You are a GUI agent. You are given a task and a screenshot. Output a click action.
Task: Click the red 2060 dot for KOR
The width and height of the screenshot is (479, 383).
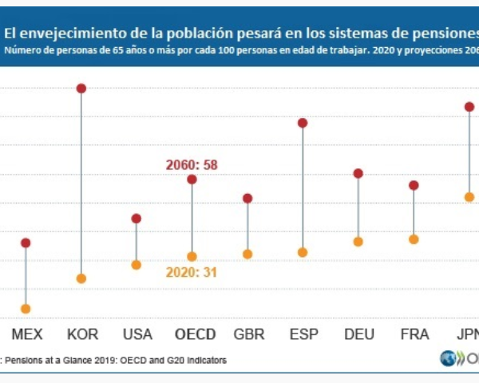click(81, 89)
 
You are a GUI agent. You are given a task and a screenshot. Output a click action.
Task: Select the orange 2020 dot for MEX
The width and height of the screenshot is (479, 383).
click(26, 309)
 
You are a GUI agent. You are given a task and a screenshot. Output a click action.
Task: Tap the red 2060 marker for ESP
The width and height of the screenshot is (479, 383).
click(303, 123)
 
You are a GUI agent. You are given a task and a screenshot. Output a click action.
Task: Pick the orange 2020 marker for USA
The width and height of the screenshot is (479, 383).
click(137, 265)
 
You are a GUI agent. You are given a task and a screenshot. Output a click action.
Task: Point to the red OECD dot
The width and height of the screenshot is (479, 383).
click(192, 180)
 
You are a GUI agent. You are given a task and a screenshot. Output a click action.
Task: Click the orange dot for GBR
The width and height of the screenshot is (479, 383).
click(247, 255)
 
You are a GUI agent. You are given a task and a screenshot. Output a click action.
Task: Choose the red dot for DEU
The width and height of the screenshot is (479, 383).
click(358, 173)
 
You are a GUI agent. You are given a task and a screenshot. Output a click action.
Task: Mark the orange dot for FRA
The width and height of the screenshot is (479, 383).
click(414, 239)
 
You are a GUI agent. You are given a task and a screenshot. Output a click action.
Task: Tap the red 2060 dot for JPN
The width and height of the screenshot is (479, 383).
click(469, 107)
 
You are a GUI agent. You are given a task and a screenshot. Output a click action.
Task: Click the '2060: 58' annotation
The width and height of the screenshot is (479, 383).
click(192, 164)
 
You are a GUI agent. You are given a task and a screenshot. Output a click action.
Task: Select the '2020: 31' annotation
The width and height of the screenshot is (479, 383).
click(192, 272)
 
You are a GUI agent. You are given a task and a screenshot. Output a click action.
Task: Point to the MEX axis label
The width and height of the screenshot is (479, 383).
click(26, 334)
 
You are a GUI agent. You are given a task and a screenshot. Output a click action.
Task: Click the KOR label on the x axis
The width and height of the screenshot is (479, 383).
click(82, 334)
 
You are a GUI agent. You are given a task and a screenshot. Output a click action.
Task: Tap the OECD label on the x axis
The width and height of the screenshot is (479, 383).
click(195, 334)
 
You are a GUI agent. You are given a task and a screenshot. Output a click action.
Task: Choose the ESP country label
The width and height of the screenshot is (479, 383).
click(303, 334)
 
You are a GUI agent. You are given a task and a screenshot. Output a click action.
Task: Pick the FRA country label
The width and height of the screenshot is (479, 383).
click(414, 334)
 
